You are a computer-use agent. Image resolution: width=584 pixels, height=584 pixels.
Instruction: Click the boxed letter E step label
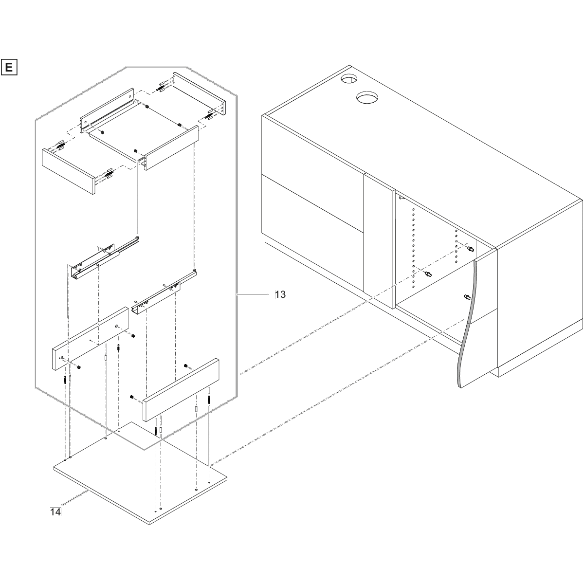[9, 67]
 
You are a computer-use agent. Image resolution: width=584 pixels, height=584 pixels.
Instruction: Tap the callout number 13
[280, 294]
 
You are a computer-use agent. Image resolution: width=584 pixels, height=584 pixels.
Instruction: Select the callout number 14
[55, 512]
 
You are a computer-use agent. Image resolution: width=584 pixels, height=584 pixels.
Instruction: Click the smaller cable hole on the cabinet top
[349, 79]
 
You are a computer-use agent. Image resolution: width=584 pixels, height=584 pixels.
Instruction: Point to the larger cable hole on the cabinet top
[367, 97]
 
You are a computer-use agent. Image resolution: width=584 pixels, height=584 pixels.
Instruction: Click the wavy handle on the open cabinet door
[467, 324]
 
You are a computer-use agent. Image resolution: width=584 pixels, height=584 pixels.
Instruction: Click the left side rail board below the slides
[91, 339]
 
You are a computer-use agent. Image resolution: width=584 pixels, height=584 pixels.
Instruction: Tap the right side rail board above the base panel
[181, 390]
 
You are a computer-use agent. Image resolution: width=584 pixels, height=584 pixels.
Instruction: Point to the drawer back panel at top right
[200, 93]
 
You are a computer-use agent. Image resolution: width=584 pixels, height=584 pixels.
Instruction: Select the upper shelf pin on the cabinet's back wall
[471, 250]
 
